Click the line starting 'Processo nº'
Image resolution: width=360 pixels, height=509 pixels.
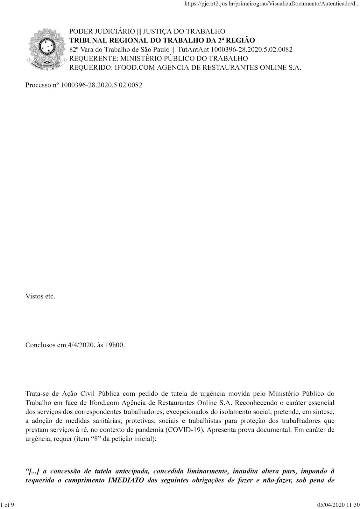click(x=84, y=85)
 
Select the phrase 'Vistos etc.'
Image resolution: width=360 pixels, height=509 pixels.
click(x=40, y=296)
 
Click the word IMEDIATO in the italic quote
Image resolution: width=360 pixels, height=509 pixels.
click(x=126, y=480)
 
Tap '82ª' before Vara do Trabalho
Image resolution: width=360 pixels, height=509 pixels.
click(x=75, y=50)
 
